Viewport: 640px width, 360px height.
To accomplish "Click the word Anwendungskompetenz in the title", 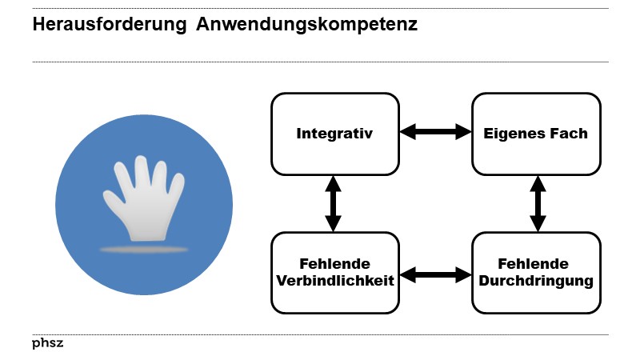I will pyautogui.click(x=308, y=26).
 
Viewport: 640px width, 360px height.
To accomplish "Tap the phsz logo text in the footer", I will pyautogui.click(x=47, y=343).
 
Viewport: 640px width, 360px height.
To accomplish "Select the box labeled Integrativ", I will pyautogui.click(x=334, y=134).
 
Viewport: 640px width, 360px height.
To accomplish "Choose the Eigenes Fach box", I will pyautogui.click(x=535, y=134).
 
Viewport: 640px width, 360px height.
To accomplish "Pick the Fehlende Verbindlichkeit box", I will pyautogui.click(x=334, y=273).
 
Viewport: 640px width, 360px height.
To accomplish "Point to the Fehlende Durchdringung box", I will pyautogui.click(x=535, y=273).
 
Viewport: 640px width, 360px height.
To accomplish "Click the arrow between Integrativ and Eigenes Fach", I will pyautogui.click(x=435, y=132).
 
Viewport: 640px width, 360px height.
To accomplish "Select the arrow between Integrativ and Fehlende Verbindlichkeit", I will pyautogui.click(x=334, y=203).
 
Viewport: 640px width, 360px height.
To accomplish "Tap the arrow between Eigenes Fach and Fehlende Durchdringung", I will pyautogui.click(x=537, y=203).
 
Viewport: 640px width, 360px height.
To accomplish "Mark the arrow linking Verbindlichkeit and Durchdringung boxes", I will pyautogui.click(x=435, y=275).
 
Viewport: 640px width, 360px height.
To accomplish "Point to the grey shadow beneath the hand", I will pyautogui.click(x=144, y=250).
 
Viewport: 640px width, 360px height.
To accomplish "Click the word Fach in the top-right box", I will pyautogui.click(x=571, y=134).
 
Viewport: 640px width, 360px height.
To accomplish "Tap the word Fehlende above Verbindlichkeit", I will pyautogui.click(x=334, y=265).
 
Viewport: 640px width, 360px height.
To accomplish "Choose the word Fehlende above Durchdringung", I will pyautogui.click(x=533, y=264).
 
